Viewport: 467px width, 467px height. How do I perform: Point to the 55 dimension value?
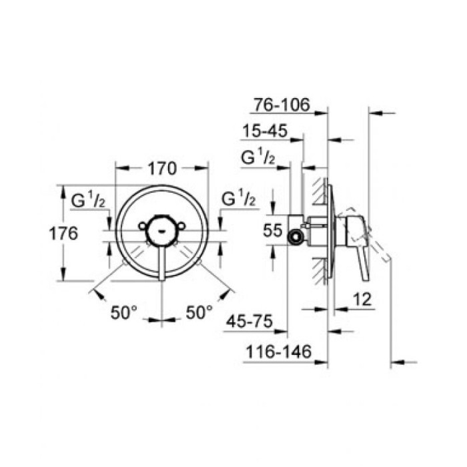pyautogui.click(x=272, y=231)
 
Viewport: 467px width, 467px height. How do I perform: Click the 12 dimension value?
pyautogui.click(x=362, y=300)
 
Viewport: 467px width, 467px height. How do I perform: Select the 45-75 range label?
pyautogui.click(x=250, y=322)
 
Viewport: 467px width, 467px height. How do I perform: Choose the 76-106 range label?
pyautogui.click(x=283, y=104)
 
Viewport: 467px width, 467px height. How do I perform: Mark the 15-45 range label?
pyautogui.click(x=264, y=131)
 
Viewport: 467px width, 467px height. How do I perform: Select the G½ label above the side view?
pyautogui.click(x=258, y=159)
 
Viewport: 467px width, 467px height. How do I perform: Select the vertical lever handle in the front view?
pyautogui.click(x=161, y=264)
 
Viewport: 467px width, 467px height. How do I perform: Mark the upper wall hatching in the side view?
pyautogui.click(x=319, y=190)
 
